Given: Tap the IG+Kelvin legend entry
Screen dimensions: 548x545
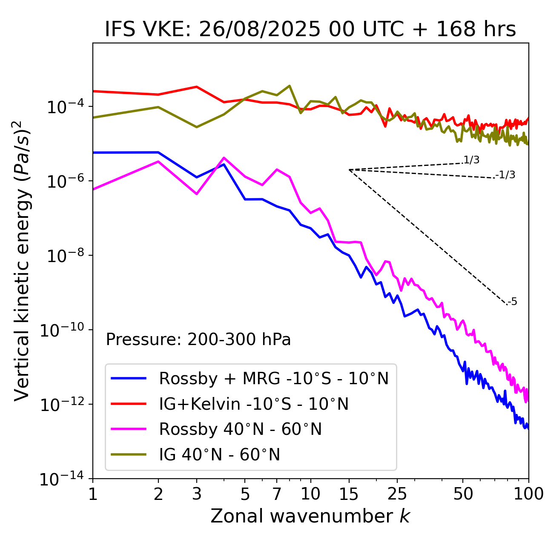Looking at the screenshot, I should tap(254, 404).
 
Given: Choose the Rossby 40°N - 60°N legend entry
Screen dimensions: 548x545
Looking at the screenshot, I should tap(240, 429).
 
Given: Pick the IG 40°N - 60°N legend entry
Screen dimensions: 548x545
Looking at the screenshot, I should tap(219, 455).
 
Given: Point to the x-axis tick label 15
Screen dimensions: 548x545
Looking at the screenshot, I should tap(349, 494).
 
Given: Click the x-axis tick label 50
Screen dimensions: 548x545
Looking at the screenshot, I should tap(463, 494).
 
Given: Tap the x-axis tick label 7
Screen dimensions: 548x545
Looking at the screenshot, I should tap(277, 494).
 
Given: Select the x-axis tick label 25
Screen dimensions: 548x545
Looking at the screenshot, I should tap(397, 494).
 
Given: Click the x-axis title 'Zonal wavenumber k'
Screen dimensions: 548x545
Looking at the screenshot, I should tap(310, 516).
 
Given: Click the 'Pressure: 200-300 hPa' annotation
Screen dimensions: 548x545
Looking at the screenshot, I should tap(198, 340).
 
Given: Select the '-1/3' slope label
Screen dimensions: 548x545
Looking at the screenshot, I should tap(505, 174).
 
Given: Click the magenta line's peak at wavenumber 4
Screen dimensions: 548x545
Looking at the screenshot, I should tap(224, 158).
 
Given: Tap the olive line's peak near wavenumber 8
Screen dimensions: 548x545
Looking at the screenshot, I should tap(290, 86).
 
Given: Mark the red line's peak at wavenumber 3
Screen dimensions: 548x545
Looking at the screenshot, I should tap(196, 87).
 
